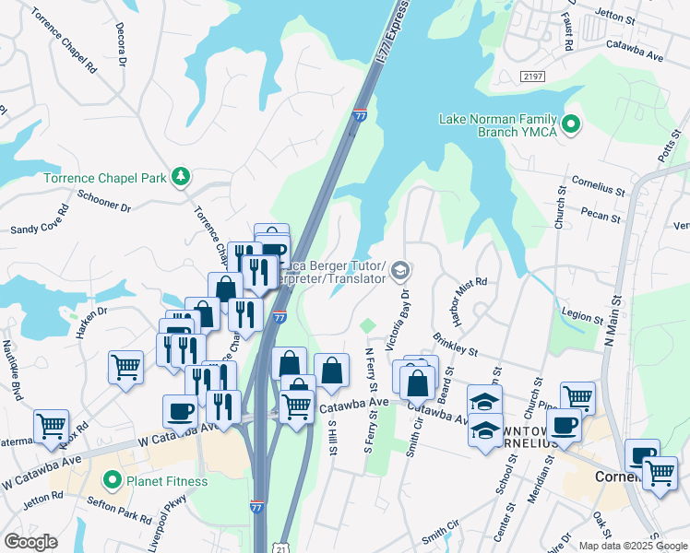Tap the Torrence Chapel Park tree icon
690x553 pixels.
click(183, 175)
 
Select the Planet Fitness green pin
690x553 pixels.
click(113, 479)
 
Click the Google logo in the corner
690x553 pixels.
click(30, 542)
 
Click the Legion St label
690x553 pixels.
click(581, 317)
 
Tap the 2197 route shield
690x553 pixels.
click(530, 76)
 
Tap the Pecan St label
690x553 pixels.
click(598, 213)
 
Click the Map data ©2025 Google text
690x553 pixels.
click(633, 545)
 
